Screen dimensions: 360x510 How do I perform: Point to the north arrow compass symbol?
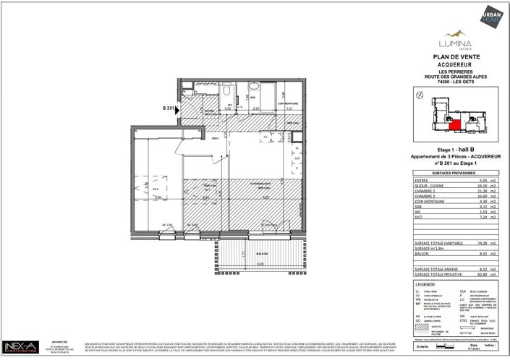(x=417, y=95)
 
